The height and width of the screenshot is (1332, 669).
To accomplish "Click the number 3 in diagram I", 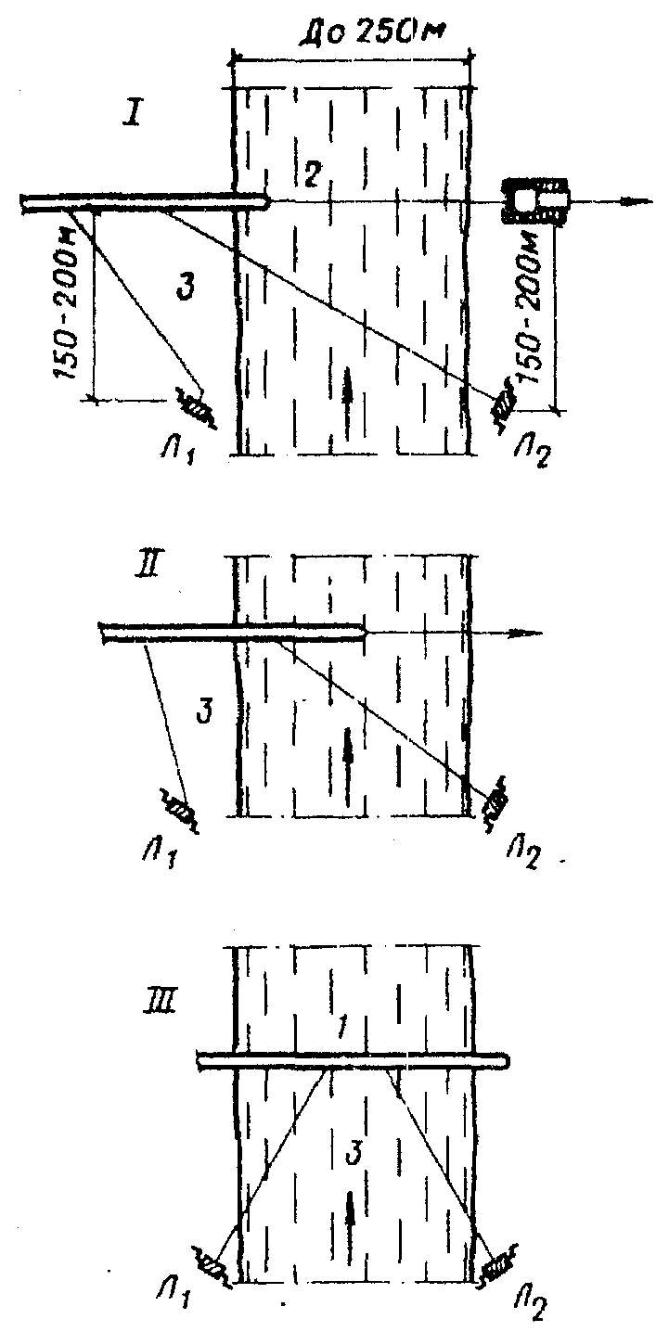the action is [x=185, y=288].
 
